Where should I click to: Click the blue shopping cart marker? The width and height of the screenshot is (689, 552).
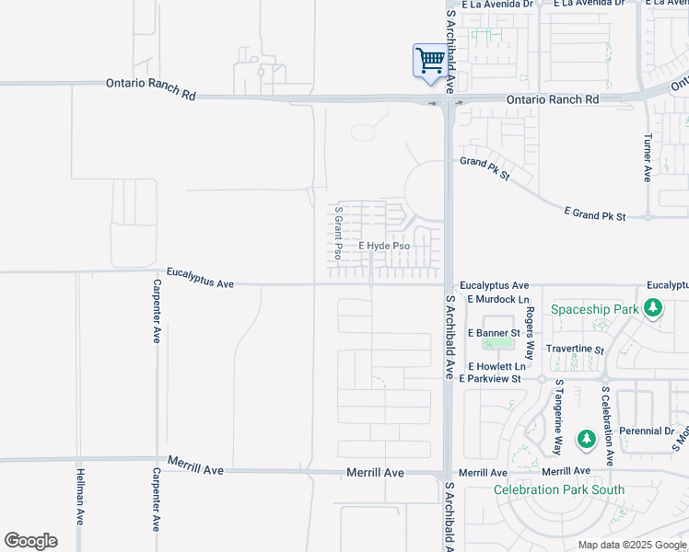coord(429,63)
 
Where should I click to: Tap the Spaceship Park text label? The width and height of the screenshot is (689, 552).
coord(594,309)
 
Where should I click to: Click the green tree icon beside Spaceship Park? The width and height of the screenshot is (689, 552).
coord(653,307)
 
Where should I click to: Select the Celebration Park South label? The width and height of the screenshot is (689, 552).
coord(559,489)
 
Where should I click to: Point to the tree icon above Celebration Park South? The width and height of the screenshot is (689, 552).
coord(586,441)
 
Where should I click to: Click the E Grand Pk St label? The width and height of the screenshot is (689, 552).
coord(594,215)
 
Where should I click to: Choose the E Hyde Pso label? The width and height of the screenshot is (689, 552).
coord(384,247)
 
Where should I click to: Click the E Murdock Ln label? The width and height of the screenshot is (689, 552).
coord(498,299)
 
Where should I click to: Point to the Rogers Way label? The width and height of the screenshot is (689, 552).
coord(530,328)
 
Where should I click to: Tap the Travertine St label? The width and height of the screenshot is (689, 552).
coord(574,350)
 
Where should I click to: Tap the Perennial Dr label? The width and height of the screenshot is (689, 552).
coord(647,431)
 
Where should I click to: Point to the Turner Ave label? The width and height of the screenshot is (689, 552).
coord(648,156)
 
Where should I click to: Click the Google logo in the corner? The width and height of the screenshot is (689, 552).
coord(30,541)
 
